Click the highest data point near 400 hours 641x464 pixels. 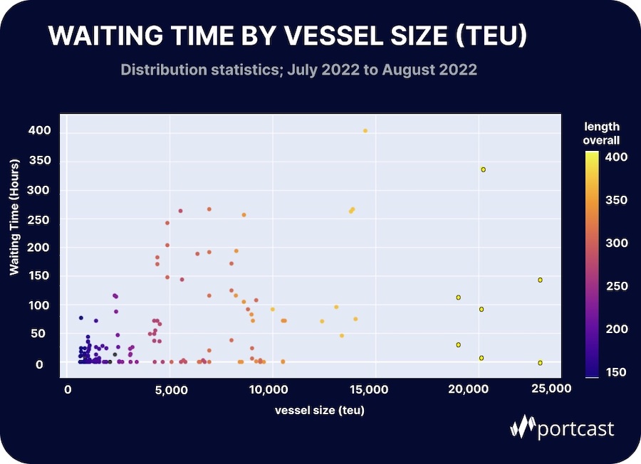coord(365,130)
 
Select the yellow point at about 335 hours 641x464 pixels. coord(483,169)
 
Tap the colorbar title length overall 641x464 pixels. coord(602,133)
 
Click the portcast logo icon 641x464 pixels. coord(523,427)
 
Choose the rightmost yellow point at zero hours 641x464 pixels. coord(540,363)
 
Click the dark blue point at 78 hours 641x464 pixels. coord(81,318)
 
